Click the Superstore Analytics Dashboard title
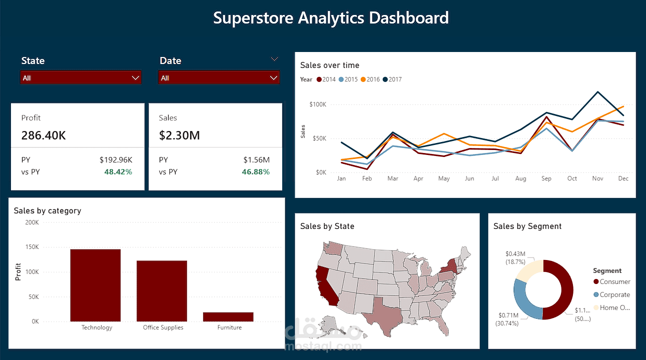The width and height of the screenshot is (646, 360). (331, 18)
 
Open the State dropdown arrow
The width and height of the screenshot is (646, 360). (135, 78)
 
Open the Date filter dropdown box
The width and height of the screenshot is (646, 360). (219, 78)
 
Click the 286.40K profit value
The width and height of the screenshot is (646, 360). (44, 135)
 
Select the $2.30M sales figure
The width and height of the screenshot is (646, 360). (180, 135)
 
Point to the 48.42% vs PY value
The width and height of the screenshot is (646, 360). (118, 172)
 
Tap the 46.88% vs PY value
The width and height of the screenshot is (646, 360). (256, 172)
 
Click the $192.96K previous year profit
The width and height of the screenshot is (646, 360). (116, 160)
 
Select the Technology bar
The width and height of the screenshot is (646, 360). (95, 285)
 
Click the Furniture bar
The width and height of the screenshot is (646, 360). (228, 316)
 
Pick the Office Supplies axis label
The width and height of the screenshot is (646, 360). (163, 327)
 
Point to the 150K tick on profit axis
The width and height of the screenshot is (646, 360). (32, 247)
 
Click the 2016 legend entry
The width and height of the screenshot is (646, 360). (370, 79)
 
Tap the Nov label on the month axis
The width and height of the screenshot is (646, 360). (597, 178)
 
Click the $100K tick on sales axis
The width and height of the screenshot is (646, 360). (318, 104)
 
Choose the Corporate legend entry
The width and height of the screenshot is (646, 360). (614, 295)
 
